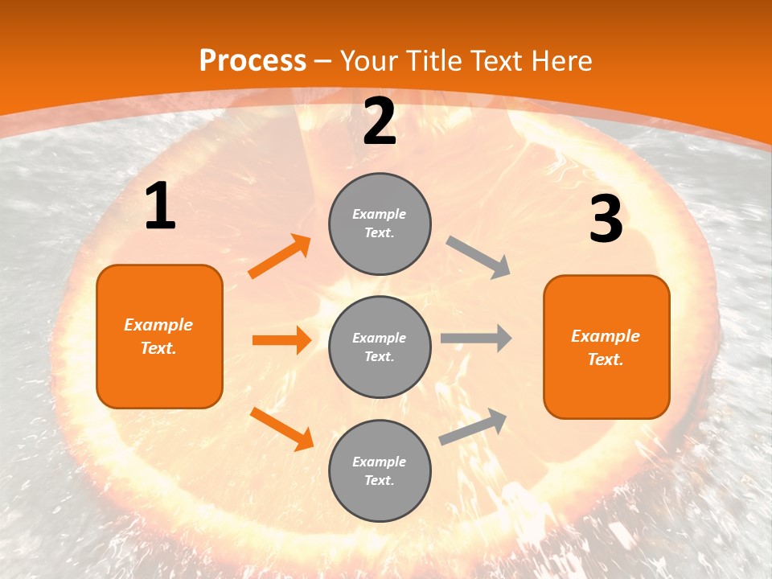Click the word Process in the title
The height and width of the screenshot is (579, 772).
tap(253, 61)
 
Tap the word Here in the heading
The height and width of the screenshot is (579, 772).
tap(560, 61)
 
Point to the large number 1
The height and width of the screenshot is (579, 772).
tap(160, 207)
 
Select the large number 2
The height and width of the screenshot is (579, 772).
tap(380, 121)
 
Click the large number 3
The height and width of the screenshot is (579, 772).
tap(606, 219)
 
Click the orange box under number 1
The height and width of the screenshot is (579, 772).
tap(159, 336)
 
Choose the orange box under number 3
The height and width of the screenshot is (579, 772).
tap(606, 347)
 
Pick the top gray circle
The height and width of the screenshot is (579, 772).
tap(380, 224)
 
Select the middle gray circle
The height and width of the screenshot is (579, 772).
tap(380, 347)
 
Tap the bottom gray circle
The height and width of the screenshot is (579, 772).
tap(380, 471)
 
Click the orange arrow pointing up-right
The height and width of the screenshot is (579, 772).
tap(280, 257)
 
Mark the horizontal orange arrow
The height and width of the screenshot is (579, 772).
tap(281, 340)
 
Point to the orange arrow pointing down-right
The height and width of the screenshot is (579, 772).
tap(281, 429)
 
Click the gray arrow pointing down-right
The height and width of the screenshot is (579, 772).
tap(478, 257)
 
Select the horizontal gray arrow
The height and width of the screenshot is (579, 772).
tap(476, 339)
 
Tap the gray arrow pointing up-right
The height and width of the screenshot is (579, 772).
tap(473, 426)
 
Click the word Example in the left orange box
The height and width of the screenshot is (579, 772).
tap(158, 325)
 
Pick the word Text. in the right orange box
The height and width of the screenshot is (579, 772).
tap(606, 359)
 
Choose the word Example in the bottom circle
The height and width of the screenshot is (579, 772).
tap(380, 462)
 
